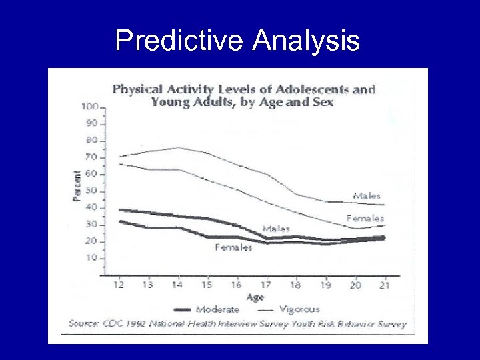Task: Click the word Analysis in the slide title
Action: (x=306, y=41)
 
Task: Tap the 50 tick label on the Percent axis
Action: (x=91, y=191)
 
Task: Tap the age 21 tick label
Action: (x=385, y=285)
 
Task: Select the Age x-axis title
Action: (x=255, y=297)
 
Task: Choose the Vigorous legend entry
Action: (x=299, y=309)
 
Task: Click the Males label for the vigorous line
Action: (x=367, y=196)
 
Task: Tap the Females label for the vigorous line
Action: (x=365, y=218)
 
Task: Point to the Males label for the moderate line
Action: (x=276, y=229)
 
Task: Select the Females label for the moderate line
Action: (x=233, y=247)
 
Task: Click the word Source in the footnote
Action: (x=85, y=325)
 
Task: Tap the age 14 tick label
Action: (x=177, y=285)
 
